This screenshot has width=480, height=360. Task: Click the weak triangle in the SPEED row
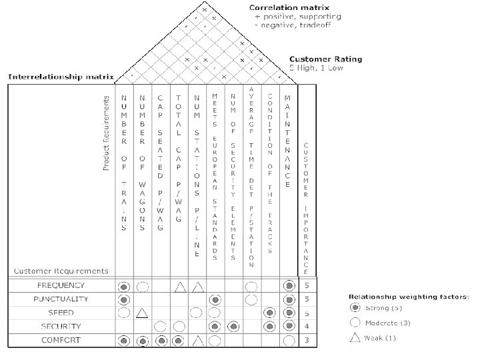[141, 313]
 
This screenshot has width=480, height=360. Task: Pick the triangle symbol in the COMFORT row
[197, 341]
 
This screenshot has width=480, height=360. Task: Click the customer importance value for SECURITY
[306, 327]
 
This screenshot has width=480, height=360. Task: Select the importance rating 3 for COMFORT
[306, 340]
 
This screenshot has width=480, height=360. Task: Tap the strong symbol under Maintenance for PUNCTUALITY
[289, 300]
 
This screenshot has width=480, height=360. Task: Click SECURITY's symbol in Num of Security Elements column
[233, 327]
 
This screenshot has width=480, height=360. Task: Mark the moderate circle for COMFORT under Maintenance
[289, 341]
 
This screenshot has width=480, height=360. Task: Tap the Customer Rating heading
[327, 59]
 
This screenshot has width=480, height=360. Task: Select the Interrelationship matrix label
[61, 77]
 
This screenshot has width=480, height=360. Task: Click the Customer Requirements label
[61, 271]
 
